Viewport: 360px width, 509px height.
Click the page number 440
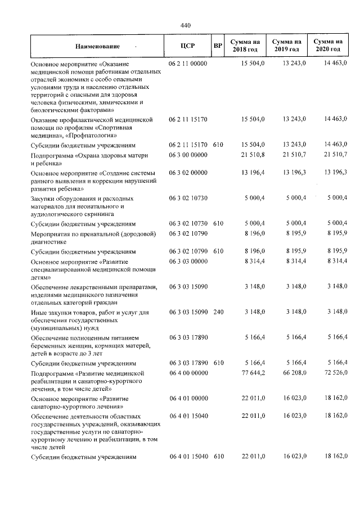tap(186, 25)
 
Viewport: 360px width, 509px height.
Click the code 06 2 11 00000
tap(188, 64)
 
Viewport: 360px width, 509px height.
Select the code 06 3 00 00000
tap(188, 155)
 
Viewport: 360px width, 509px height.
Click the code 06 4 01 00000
tap(188, 398)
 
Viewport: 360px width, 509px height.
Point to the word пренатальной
tap(90, 233)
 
